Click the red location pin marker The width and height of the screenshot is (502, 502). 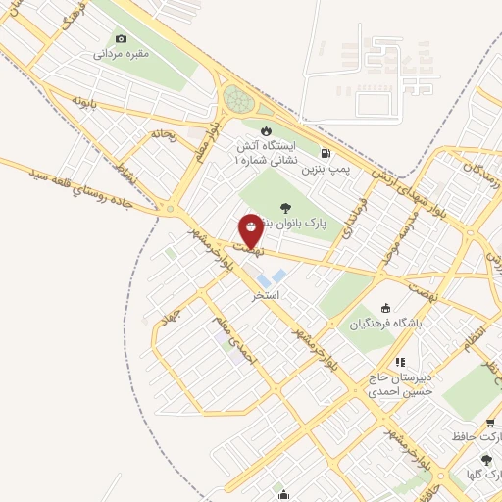point(251,229)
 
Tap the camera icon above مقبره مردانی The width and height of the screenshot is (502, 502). point(121,38)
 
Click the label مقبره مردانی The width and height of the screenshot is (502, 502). point(121,54)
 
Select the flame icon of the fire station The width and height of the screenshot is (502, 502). point(265,129)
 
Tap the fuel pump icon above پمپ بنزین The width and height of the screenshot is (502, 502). point(326,153)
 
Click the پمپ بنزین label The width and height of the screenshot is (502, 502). point(326,170)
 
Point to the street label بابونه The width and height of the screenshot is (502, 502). point(84,100)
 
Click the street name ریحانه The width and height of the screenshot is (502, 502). point(163,134)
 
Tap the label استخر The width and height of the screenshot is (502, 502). point(266,294)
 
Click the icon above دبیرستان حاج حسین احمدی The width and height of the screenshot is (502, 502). point(399,362)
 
